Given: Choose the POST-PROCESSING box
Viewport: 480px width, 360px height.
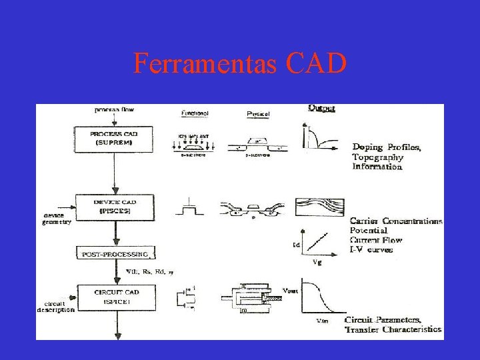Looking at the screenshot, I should pyautogui.click(x=115, y=254).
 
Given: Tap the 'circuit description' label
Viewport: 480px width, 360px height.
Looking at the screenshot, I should pyautogui.click(x=56, y=307).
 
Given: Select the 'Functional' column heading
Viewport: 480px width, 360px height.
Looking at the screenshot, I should pyautogui.click(x=195, y=113).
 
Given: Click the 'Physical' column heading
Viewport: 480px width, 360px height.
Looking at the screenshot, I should pyautogui.click(x=258, y=114).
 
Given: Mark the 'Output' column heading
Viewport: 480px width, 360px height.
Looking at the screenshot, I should pyautogui.click(x=322, y=108).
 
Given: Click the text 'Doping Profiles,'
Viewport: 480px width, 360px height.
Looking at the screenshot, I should pyautogui.click(x=386, y=147).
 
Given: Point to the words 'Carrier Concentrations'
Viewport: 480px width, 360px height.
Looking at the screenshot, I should pyautogui.click(x=396, y=221).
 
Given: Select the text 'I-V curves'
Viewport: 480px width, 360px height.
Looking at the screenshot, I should pyautogui.click(x=371, y=249).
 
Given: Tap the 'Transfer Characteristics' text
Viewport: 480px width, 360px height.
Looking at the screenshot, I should pyautogui.click(x=393, y=329).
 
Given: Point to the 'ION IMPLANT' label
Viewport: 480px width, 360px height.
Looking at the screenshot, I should pyautogui.click(x=194, y=137).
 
